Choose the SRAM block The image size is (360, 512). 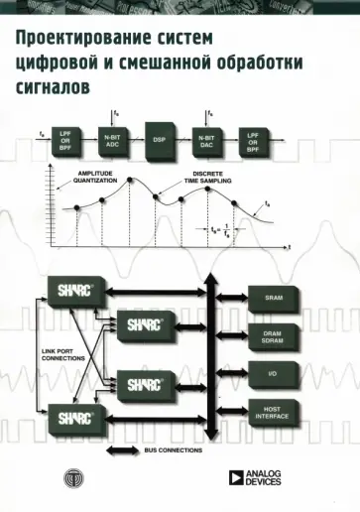point(275,296)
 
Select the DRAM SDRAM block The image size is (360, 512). point(275,335)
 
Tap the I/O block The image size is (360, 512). point(275,374)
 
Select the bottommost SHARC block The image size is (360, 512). point(72,416)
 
